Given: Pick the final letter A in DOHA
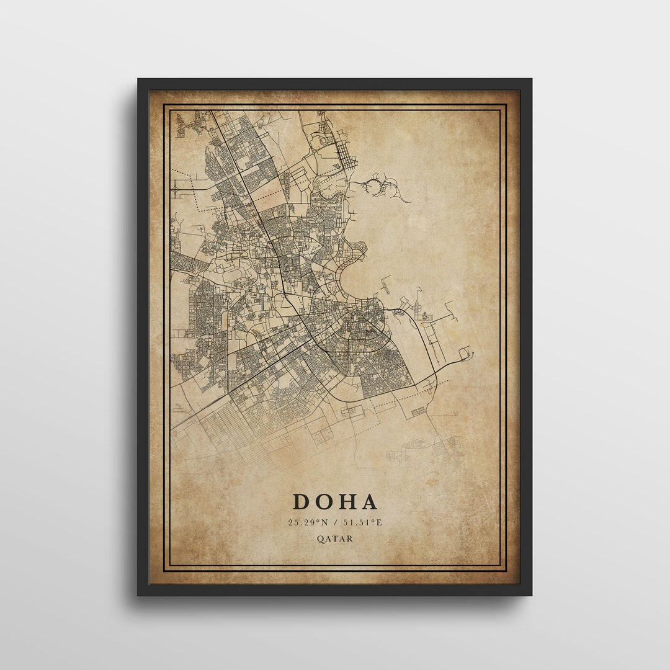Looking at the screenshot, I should (x=369, y=501).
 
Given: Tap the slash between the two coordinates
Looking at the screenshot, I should (x=335, y=522).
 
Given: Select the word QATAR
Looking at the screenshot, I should (x=335, y=538).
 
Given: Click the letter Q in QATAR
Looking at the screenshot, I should (x=320, y=538).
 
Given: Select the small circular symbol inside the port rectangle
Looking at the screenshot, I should (x=426, y=316).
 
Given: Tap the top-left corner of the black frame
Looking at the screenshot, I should (x=139, y=80).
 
